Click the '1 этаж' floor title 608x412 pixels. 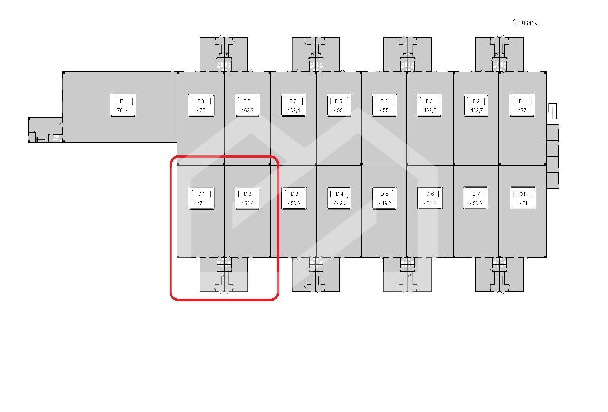point(525,22)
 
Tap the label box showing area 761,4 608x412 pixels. point(123,105)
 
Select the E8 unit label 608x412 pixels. point(200,101)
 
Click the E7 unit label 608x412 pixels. point(247,101)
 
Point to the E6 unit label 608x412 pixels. point(293,101)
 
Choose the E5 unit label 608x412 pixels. point(339,101)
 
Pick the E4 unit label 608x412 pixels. point(384,101)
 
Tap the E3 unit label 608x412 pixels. point(429,101)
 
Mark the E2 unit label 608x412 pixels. point(476,101)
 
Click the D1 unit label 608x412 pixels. point(201,194)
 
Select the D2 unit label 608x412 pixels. point(247,194)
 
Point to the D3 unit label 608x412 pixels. point(294,194)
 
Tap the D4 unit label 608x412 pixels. point(339,194)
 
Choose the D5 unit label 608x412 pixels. point(384,194)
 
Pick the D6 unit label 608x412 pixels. point(430,194)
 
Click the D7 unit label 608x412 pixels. point(475,194)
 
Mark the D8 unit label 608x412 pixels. point(522,194)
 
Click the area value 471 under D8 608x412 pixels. point(522,204)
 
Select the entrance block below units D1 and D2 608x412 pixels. point(224,275)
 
